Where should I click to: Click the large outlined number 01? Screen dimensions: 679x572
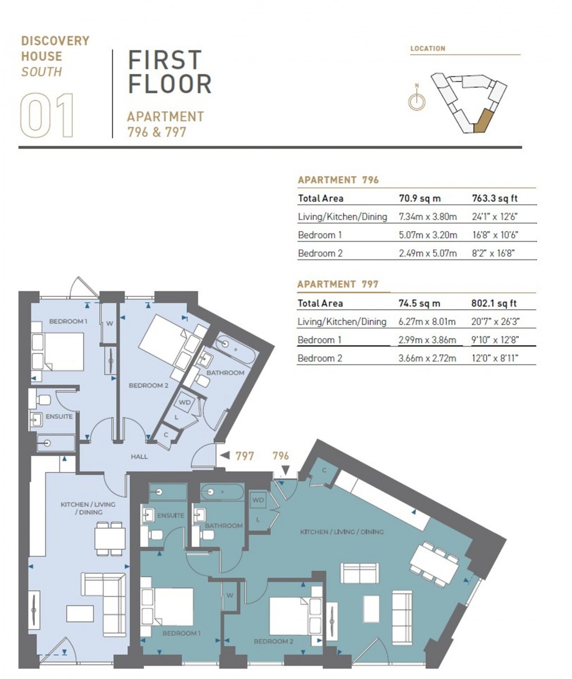48,116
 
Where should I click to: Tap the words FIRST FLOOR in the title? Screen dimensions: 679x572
169,72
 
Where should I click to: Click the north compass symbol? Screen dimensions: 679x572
416,102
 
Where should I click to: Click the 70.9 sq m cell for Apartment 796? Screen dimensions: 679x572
419,198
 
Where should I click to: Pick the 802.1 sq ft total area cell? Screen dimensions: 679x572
493,303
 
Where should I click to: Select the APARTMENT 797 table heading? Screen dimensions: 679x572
338,284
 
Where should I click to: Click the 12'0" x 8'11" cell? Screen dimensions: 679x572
495,358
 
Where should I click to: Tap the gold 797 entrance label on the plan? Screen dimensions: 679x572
245,456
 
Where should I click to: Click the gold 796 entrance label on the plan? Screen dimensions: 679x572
281,456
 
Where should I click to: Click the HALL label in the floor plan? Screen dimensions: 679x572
139,456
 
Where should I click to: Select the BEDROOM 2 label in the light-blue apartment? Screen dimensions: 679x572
149,386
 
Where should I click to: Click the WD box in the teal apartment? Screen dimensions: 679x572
257,500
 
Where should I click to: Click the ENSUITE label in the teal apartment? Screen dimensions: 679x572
170,515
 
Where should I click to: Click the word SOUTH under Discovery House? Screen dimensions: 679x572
41,72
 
